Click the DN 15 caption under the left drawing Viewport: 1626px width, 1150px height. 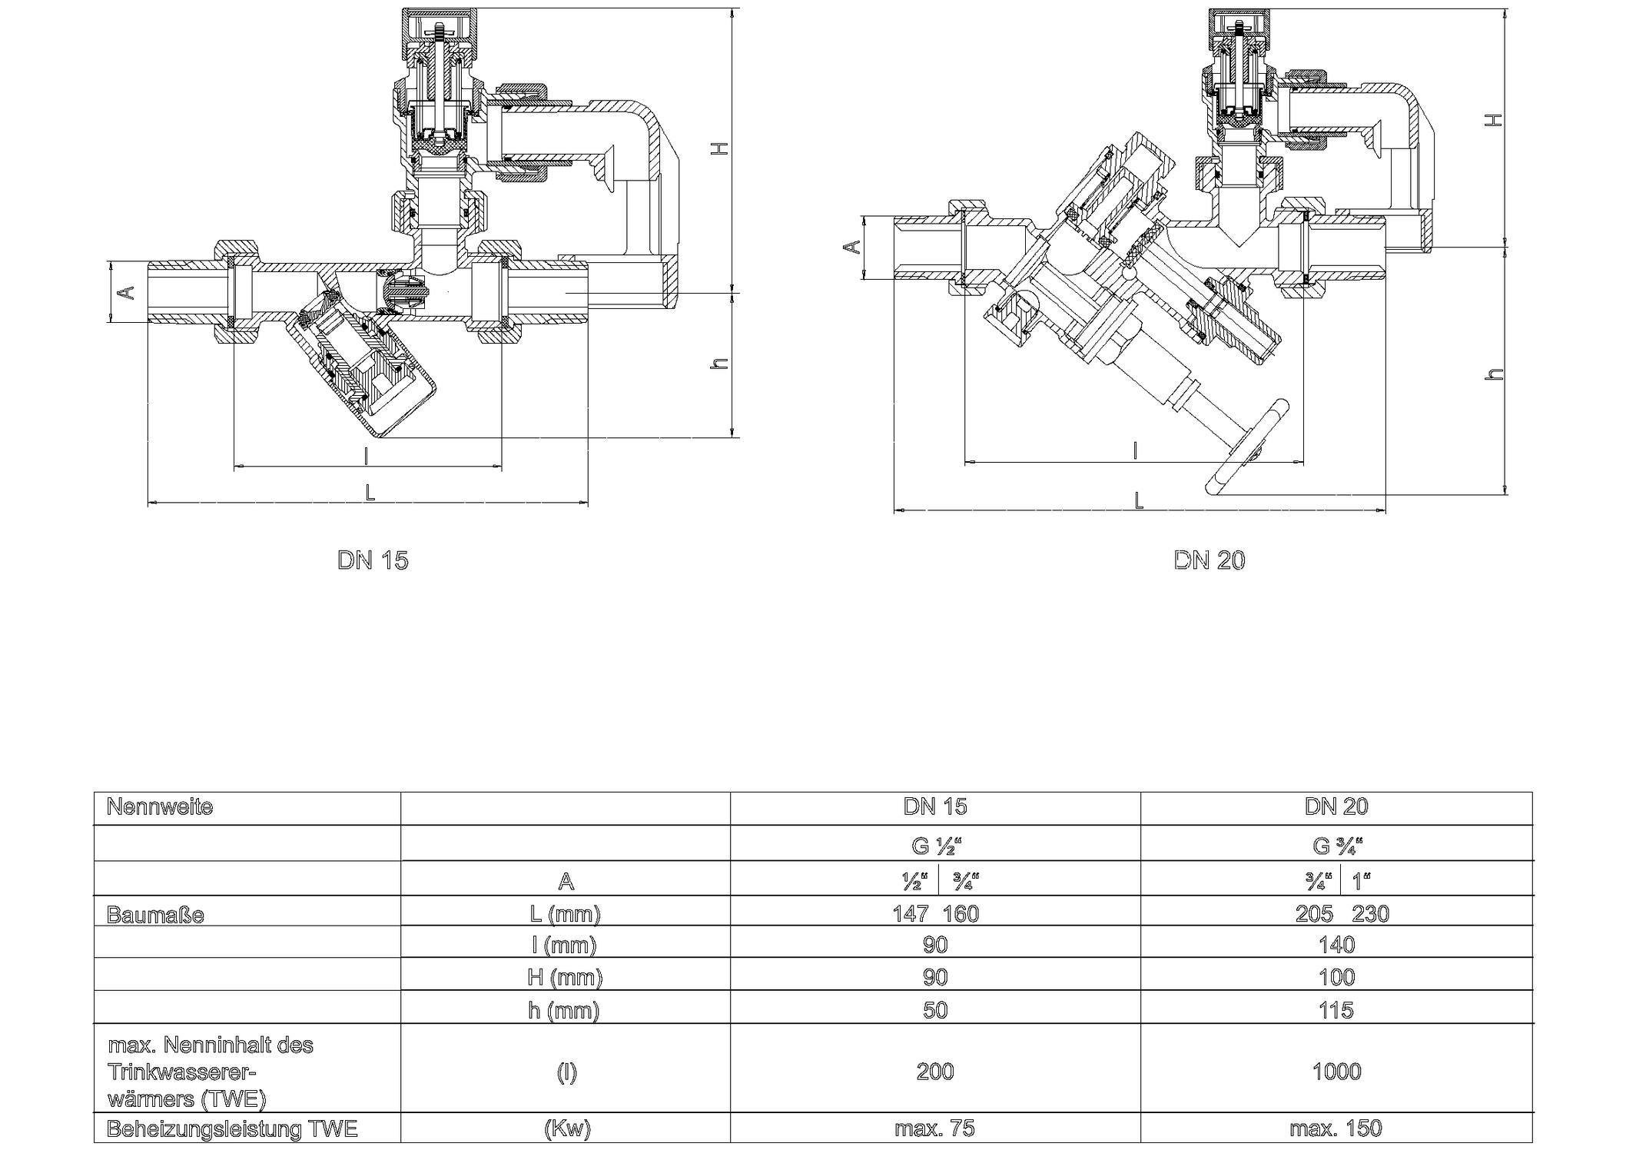[x=373, y=560]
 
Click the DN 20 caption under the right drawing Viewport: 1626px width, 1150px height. [x=1209, y=560]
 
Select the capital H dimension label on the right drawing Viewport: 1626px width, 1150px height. [x=1492, y=120]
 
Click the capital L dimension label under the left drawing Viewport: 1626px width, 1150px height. [x=370, y=493]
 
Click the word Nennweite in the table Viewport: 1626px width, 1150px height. [x=160, y=807]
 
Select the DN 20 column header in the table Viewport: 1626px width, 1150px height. [x=1336, y=806]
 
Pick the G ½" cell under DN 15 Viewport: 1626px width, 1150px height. [x=935, y=846]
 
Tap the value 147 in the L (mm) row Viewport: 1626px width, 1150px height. [x=911, y=914]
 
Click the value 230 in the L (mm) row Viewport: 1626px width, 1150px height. [x=1371, y=914]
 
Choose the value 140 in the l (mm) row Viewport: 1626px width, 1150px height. [x=1336, y=945]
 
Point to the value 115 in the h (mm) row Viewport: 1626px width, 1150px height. [x=1336, y=1010]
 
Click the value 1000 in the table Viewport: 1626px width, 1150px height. [x=1336, y=1072]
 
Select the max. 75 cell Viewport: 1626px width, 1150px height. [x=935, y=1128]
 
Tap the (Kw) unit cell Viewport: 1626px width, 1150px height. [x=566, y=1128]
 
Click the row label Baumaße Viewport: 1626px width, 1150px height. [x=155, y=916]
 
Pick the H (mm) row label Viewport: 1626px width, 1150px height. [x=566, y=978]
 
